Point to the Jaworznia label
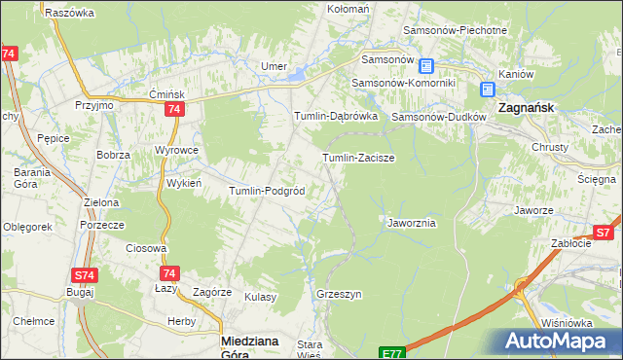411,223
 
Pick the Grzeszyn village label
339,293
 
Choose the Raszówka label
69,13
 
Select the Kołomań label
348,9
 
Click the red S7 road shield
604,233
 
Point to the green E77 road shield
391,353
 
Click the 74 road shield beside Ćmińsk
173,110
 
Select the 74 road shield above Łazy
169,274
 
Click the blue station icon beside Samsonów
426,65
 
